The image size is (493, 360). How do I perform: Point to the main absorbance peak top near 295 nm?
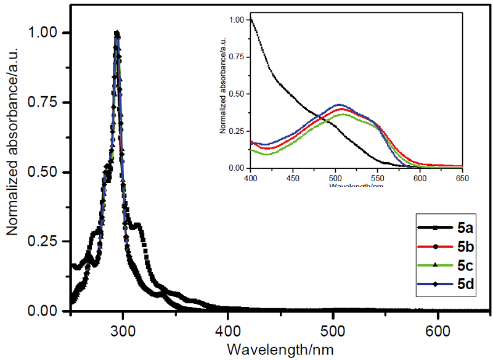coord(117,33)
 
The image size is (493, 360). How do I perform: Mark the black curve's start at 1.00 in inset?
coord(251,20)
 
